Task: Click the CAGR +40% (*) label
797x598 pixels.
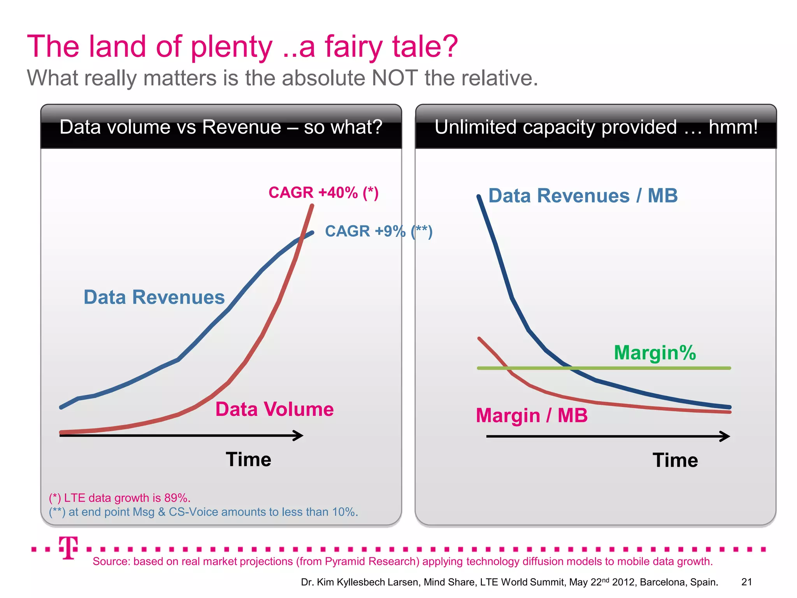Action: pos(323,193)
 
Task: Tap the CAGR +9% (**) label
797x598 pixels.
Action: pos(378,231)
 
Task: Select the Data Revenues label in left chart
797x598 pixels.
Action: pos(154,297)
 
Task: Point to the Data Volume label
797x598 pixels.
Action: pos(274,410)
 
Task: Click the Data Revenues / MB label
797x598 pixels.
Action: pos(583,196)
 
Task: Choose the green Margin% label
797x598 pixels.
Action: pos(655,353)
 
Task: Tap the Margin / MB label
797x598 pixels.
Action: pos(532,415)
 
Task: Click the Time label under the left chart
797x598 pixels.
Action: pos(248,459)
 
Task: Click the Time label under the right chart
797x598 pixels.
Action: pos(675,460)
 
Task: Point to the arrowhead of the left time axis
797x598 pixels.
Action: pos(299,435)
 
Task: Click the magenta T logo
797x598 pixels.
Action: pos(68,547)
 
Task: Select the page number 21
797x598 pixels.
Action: pos(746,582)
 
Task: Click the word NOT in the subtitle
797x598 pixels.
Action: pos(395,78)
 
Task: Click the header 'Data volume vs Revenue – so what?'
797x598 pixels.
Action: pos(221,127)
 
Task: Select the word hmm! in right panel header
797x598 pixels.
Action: pos(733,127)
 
